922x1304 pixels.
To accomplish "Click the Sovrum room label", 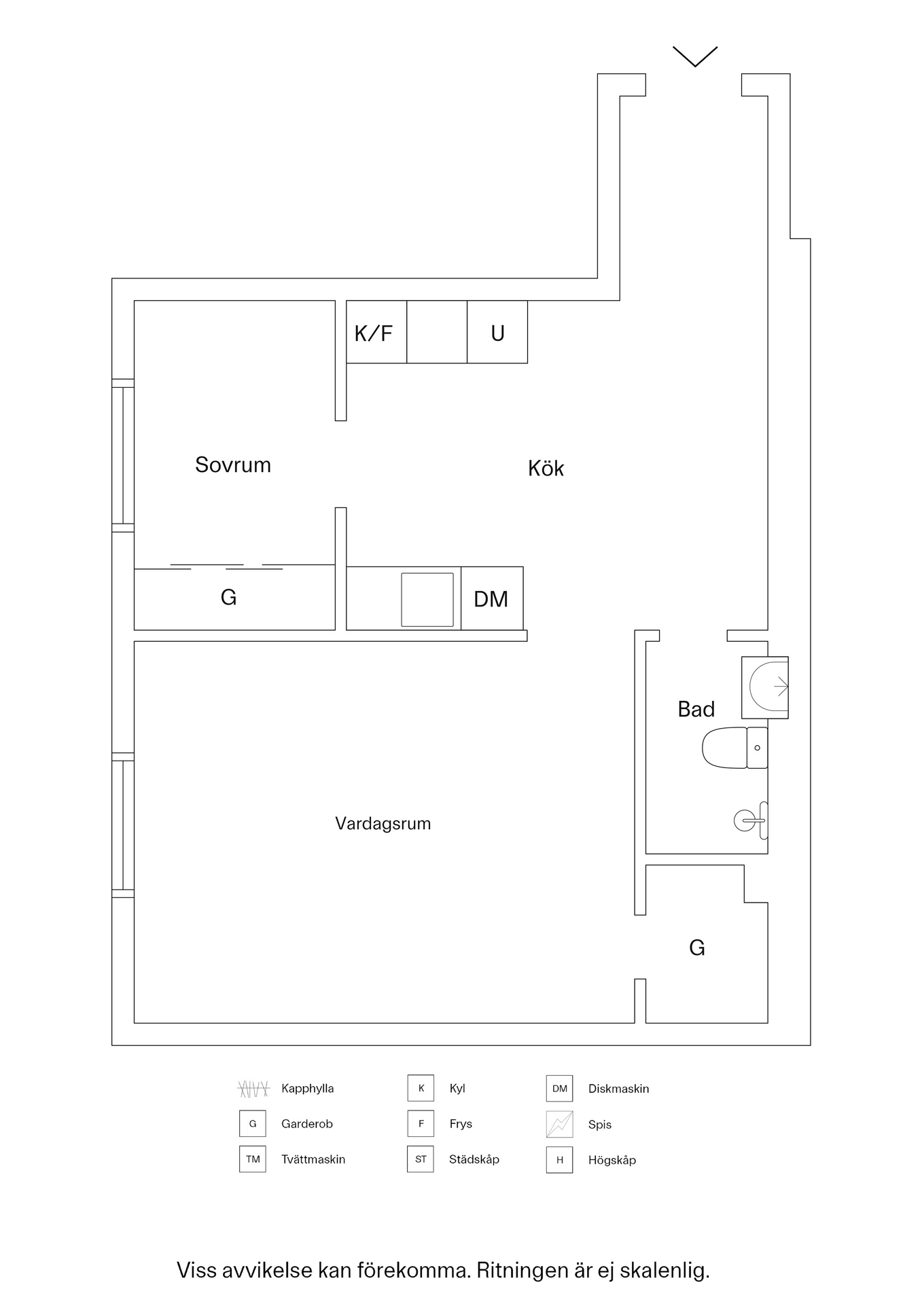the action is click(232, 465).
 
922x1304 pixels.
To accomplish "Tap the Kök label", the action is click(546, 469).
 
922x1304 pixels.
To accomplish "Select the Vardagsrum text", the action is click(383, 824).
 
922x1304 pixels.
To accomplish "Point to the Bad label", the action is click(696, 709).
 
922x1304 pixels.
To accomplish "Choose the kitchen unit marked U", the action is click(497, 332).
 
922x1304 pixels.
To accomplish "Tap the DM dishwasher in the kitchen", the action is click(491, 598).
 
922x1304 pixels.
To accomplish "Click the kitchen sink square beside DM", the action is click(427, 599).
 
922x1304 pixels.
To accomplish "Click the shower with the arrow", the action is click(765, 687).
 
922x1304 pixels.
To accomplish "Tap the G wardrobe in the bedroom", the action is click(229, 597).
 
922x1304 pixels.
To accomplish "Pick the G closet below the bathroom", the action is click(697, 947).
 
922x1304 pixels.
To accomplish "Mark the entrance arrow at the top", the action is click(695, 56).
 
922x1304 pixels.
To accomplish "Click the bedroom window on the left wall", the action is click(123, 455).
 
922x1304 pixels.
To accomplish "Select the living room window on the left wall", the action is click(123, 825).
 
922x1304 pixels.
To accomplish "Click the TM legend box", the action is click(253, 1159).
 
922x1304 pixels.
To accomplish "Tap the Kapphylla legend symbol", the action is click(253, 1089).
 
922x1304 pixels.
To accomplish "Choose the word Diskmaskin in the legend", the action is click(618, 1089).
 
